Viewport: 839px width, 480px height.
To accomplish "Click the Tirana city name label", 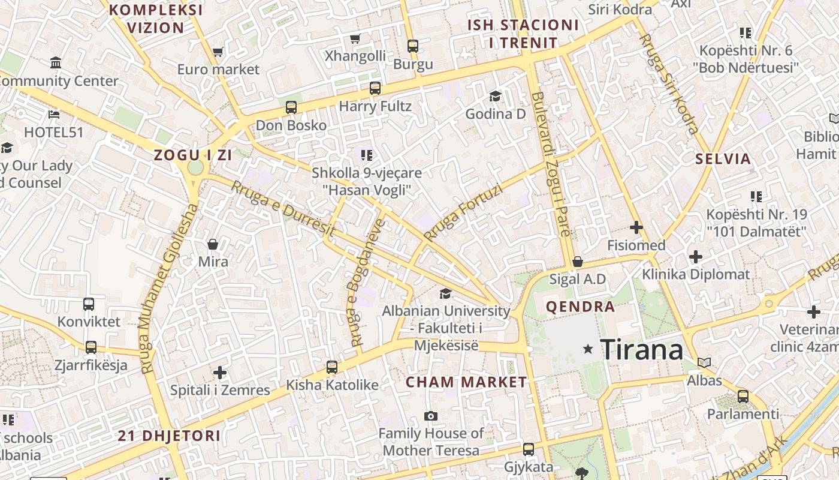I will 641,349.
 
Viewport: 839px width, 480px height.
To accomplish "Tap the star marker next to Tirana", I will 588,349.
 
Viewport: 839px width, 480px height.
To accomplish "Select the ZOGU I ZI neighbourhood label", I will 192,155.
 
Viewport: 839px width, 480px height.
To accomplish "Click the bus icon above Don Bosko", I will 291,107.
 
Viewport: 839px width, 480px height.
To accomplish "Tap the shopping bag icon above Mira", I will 213,244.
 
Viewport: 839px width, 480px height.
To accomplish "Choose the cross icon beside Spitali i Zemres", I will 220,373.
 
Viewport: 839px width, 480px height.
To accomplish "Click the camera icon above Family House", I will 430,416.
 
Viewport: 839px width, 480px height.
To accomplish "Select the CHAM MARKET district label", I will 466,382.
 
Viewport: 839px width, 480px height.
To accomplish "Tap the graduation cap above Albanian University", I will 445,293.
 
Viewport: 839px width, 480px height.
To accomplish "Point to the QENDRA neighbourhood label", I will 580,307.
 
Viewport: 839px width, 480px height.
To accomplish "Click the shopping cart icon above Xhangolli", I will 355,39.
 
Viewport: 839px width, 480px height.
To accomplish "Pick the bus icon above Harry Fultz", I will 375,88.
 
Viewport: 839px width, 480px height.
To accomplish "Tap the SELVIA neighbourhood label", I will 723,159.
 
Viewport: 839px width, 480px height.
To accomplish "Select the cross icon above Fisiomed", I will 636,227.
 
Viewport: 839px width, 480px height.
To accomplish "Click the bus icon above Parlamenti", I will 743,396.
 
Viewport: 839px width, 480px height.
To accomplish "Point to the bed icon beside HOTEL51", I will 54,114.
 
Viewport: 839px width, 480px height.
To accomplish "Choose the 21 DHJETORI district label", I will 169,436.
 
